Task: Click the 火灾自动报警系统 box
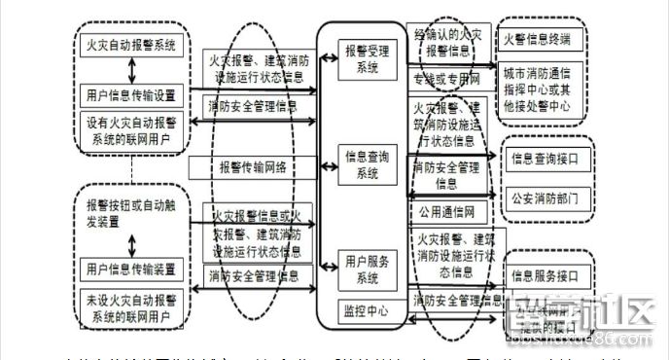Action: click(x=132, y=43)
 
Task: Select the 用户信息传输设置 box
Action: click(x=130, y=95)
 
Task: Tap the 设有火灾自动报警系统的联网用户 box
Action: click(x=130, y=129)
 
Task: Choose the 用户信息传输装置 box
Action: click(x=130, y=268)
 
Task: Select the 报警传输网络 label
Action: click(x=253, y=166)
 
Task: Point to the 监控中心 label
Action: click(x=365, y=311)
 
